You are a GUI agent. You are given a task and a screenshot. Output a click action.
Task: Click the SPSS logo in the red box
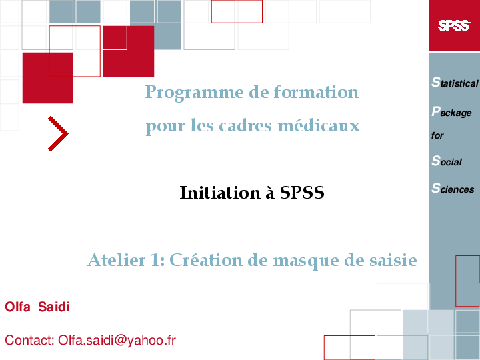pos(454,26)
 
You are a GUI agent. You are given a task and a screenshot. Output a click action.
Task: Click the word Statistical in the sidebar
pos(455,83)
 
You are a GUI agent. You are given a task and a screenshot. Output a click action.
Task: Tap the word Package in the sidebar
pos(451,112)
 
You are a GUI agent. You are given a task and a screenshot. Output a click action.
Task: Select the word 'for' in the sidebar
pos(437,136)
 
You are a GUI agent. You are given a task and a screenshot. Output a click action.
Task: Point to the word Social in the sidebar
pos(447,161)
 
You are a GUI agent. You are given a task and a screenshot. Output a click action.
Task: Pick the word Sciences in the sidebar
pos(453,189)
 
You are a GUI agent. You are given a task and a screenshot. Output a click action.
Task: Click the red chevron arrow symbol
pos(58,133)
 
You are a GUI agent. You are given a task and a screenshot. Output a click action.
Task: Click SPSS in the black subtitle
pos(302,193)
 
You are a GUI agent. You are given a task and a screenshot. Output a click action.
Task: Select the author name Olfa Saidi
pos(37,307)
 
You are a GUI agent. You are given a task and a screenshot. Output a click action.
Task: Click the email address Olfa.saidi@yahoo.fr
pos(117,340)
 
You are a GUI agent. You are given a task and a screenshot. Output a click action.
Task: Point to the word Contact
pos(29,340)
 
